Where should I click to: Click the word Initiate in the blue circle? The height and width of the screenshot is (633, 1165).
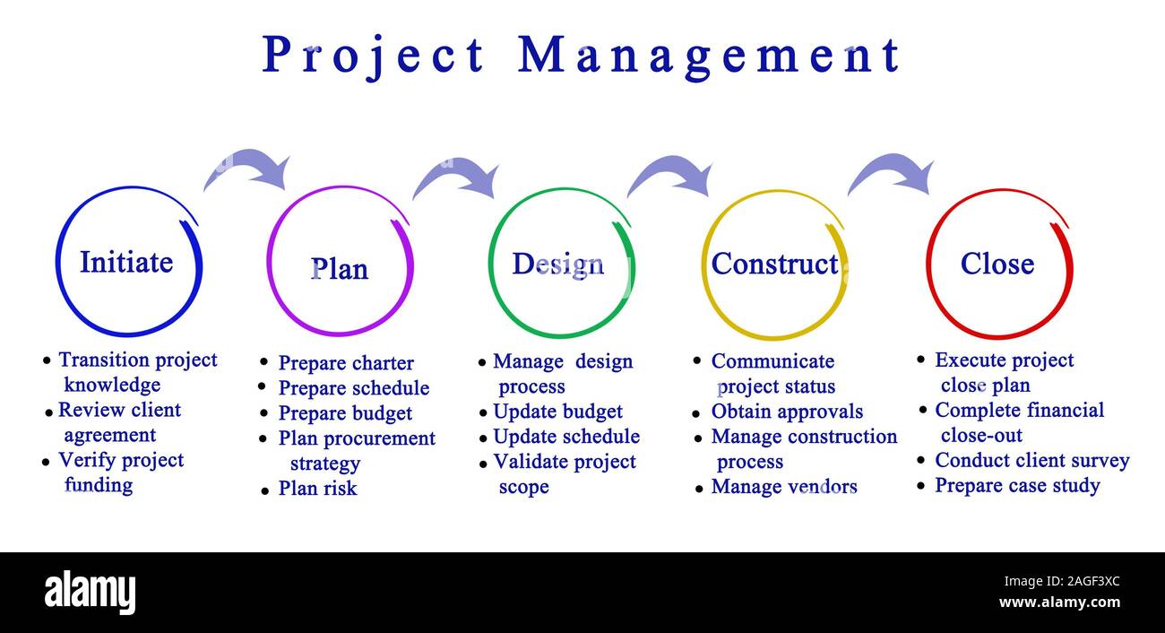(x=126, y=263)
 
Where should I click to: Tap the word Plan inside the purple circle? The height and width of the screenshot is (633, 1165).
(x=339, y=269)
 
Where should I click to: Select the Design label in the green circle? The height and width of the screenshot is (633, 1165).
(x=557, y=264)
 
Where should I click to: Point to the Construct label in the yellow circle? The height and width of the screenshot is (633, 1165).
(x=774, y=264)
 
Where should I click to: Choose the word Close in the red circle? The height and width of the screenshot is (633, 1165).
(x=997, y=264)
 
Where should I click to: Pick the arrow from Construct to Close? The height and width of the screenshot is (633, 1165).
(x=891, y=173)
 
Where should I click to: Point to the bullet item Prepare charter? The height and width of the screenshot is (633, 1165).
(x=346, y=363)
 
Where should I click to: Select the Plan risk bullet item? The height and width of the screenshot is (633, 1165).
(x=317, y=489)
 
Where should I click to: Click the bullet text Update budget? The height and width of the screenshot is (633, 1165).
(x=557, y=412)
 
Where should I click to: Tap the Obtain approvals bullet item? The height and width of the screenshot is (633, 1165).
(x=787, y=412)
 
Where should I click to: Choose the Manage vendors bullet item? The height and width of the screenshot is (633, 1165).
(x=784, y=487)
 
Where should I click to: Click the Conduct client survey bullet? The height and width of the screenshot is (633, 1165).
(x=1031, y=461)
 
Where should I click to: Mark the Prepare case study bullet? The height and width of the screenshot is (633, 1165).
(x=1017, y=486)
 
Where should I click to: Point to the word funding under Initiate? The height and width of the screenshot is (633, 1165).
(x=99, y=485)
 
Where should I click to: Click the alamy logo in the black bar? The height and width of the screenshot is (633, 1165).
(x=90, y=593)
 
